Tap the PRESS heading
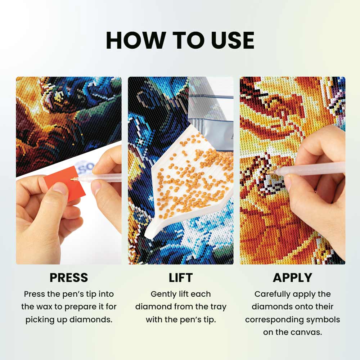click(68, 278)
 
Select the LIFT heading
click(180, 278)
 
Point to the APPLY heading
click(292, 278)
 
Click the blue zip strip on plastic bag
click(212, 96)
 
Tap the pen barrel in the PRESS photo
click(101, 177)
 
